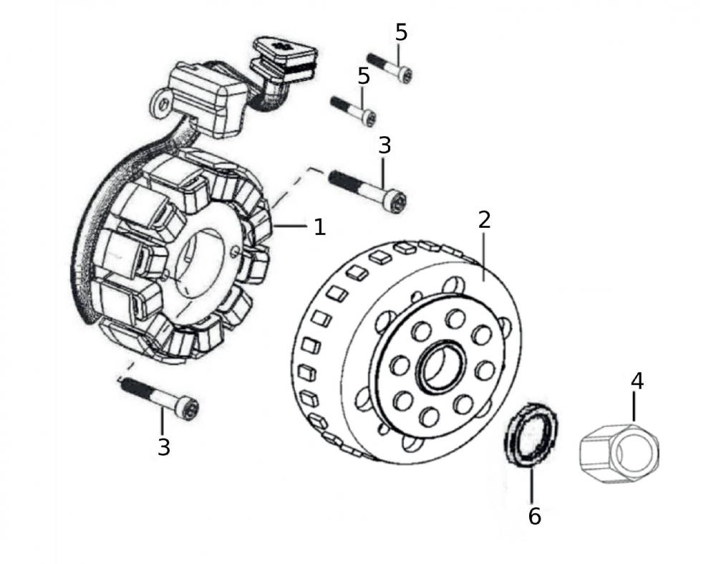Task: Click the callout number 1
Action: (319, 227)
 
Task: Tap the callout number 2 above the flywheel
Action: (484, 220)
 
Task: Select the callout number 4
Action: (637, 381)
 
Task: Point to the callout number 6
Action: (535, 515)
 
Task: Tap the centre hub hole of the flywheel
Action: (440, 367)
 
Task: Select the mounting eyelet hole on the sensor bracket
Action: (165, 105)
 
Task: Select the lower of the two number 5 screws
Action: (354, 110)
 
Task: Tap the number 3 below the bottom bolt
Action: (164, 448)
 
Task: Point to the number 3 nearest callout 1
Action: (384, 145)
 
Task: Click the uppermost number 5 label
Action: (401, 32)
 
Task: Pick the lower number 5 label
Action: (364, 76)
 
